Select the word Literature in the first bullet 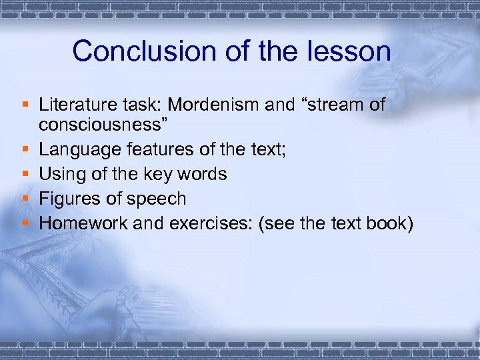76,105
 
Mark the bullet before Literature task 25,105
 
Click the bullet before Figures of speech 25,199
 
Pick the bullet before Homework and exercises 25,223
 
